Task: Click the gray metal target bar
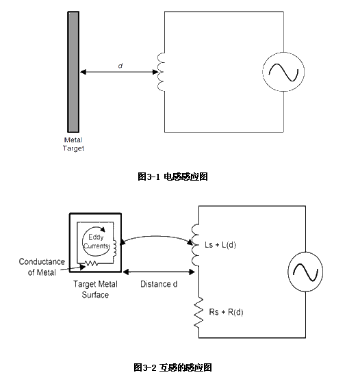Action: click(x=73, y=72)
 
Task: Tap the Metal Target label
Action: click(x=73, y=144)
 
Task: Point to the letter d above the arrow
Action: click(x=120, y=66)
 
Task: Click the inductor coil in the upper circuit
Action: click(x=161, y=72)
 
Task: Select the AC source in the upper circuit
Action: click(x=283, y=72)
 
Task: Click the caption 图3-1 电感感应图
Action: click(x=172, y=177)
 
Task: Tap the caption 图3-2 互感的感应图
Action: click(x=172, y=367)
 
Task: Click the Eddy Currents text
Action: click(x=97, y=242)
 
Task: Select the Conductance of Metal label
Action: click(x=42, y=267)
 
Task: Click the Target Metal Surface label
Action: click(x=95, y=289)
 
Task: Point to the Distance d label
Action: click(x=159, y=284)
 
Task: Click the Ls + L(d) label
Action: click(x=220, y=245)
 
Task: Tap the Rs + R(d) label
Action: click(x=226, y=312)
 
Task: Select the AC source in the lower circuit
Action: click(x=305, y=272)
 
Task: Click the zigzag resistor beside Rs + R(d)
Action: click(x=198, y=312)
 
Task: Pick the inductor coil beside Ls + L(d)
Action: click(x=195, y=245)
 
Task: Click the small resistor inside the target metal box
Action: click(x=92, y=263)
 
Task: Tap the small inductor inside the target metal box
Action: click(x=114, y=248)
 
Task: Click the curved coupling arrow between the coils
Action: click(x=156, y=236)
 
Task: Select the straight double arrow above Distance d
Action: click(x=159, y=272)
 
